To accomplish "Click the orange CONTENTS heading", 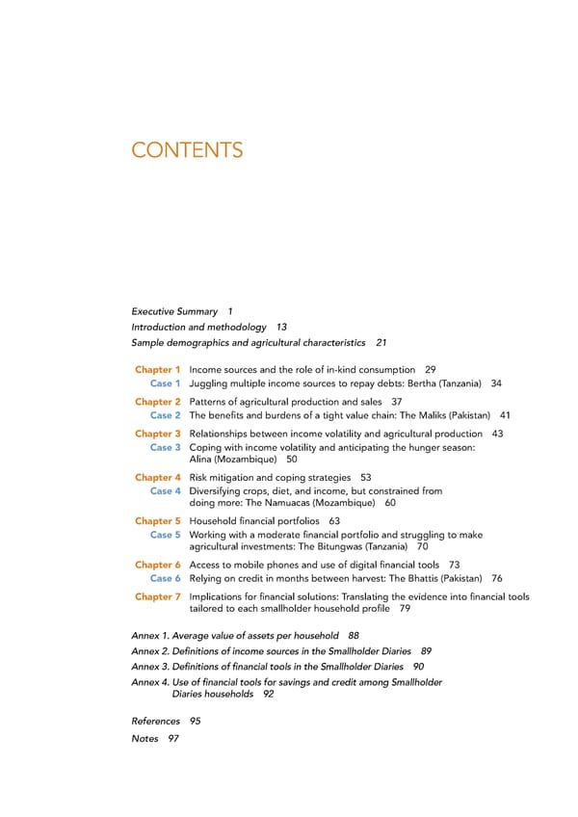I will point(187,150).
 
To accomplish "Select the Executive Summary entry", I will point(173,311).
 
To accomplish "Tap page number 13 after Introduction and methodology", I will point(281,328).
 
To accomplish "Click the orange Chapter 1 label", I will point(158,370).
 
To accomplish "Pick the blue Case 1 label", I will point(166,383).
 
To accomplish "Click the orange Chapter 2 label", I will point(158,402).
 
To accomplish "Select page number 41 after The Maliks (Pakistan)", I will point(505,415).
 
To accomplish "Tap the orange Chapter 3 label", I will point(158,434).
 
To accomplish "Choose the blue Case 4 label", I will point(166,491).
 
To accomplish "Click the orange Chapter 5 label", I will point(158,521).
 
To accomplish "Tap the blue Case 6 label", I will point(166,579).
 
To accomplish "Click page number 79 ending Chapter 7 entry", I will point(406,609).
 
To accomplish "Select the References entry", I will point(155,721).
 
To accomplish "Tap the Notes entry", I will point(144,739).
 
